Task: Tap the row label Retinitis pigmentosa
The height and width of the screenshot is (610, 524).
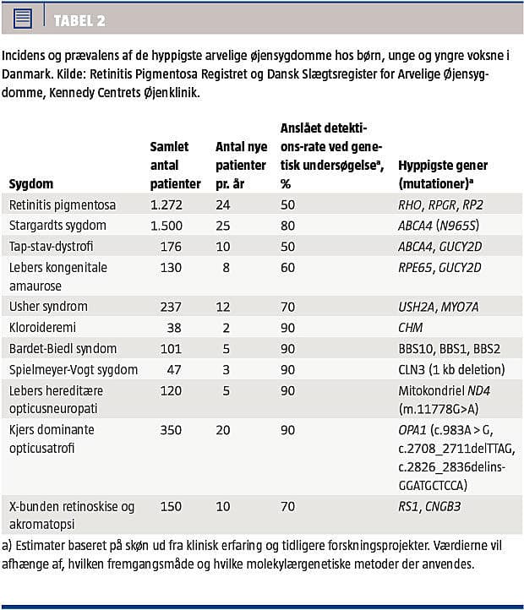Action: pos(62,204)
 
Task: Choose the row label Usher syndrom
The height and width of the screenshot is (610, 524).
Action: pos(48,306)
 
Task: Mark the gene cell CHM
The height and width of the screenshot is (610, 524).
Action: pos(412,327)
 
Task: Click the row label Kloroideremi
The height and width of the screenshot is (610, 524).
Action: pos(43,327)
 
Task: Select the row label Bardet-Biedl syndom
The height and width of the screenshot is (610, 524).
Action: pos(63,348)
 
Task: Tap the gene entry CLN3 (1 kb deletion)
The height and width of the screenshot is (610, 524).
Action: pos(452,369)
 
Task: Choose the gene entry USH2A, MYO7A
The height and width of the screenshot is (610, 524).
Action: pos(438,306)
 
